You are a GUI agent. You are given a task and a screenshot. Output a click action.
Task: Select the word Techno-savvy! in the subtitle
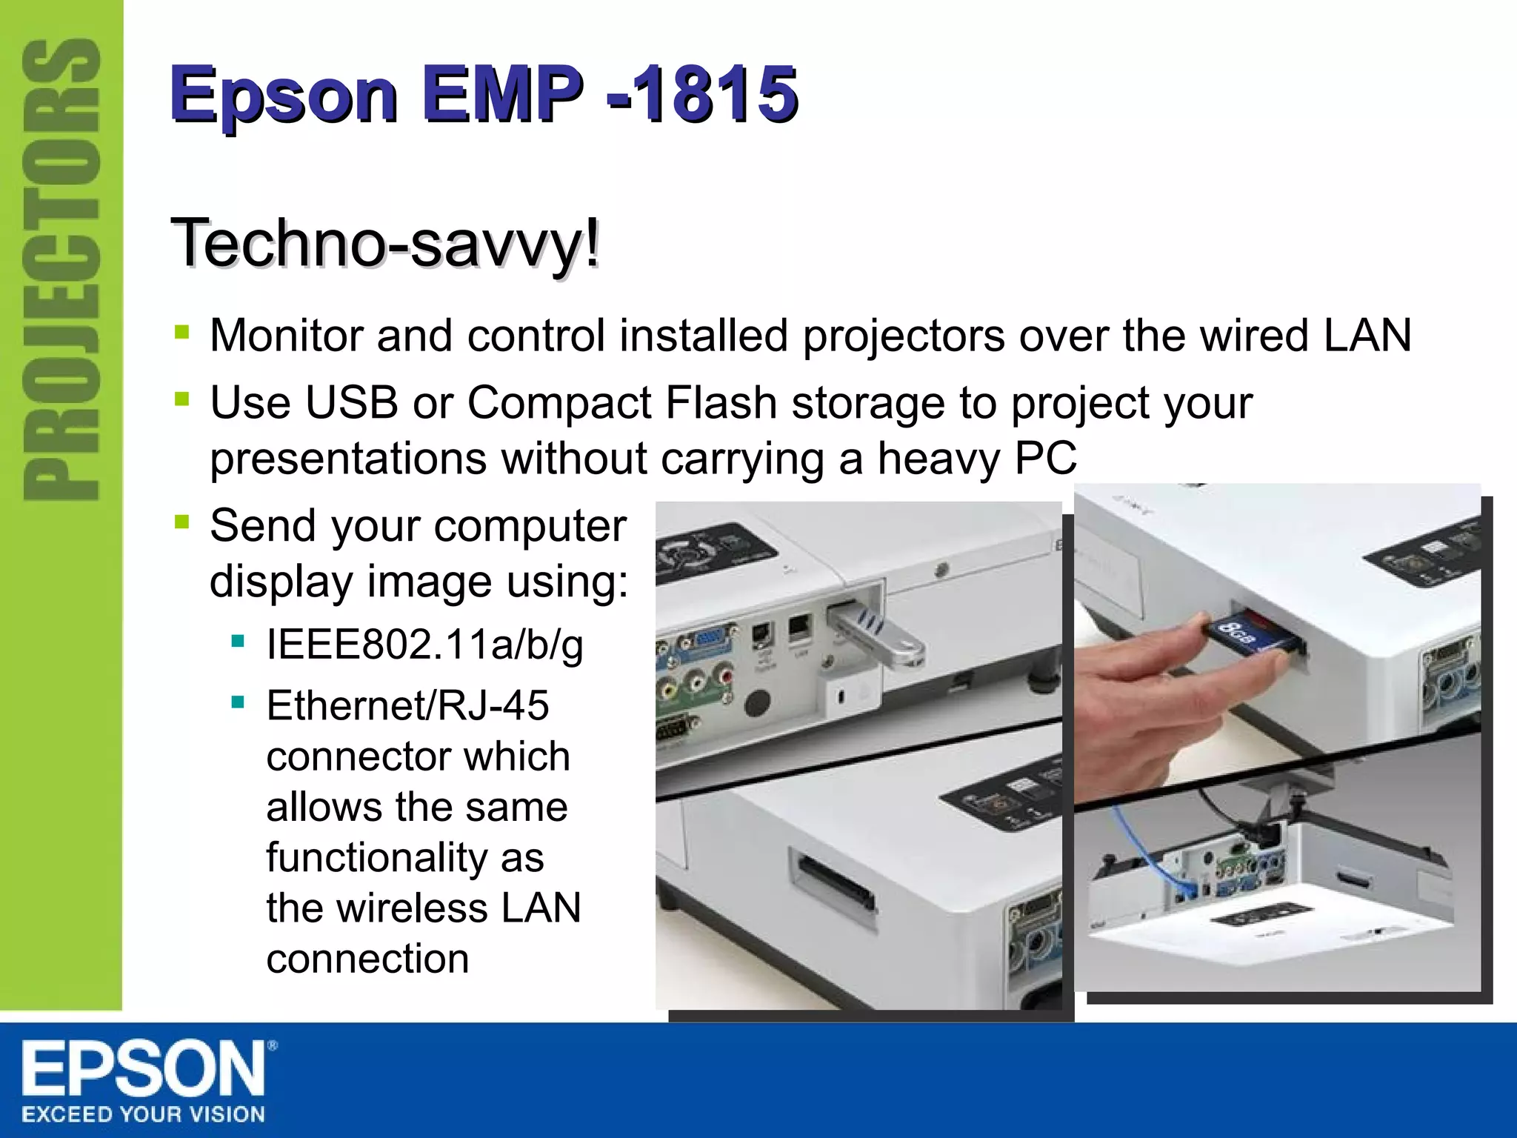point(385,243)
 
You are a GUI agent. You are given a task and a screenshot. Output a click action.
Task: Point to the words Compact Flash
point(621,403)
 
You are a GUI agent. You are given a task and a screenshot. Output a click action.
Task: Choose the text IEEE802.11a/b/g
point(424,645)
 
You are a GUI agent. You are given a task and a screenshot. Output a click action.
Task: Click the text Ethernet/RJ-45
point(407,705)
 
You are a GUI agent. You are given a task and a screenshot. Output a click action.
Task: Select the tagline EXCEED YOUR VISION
point(143,1114)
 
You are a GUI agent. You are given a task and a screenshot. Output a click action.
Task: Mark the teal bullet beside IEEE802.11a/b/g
point(238,641)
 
